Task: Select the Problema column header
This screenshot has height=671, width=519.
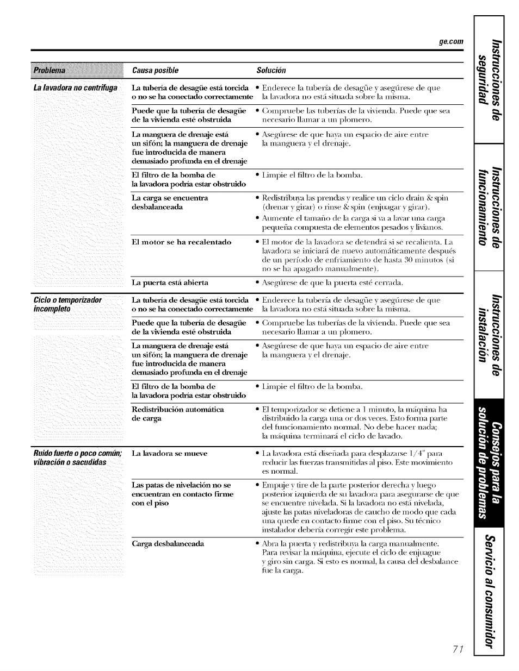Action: (49, 71)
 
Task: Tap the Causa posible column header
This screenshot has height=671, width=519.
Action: (155, 71)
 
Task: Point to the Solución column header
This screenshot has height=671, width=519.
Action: (271, 71)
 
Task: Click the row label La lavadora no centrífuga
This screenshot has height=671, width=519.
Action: (75, 88)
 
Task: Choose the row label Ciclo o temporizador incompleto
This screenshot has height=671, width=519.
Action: (67, 304)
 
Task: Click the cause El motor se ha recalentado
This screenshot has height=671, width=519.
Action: (182, 242)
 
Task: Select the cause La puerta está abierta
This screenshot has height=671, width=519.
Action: (170, 283)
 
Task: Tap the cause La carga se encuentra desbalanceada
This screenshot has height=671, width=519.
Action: (170, 202)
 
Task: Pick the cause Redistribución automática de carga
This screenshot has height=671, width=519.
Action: (178, 414)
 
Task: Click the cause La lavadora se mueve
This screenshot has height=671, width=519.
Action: (169, 453)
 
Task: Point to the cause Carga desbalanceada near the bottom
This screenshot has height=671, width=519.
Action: (168, 544)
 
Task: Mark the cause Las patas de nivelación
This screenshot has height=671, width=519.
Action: (182, 494)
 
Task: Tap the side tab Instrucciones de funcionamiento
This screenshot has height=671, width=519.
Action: (489, 206)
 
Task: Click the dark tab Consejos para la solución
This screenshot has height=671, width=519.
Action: (489, 467)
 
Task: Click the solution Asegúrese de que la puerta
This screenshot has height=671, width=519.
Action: (332, 283)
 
